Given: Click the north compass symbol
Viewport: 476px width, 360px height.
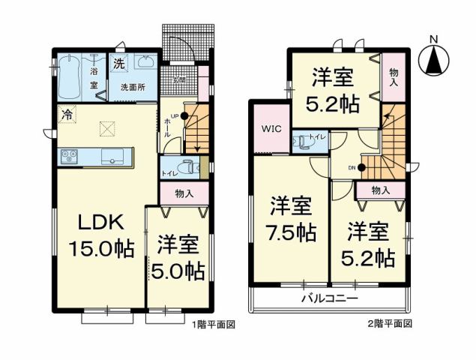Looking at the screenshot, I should point(433,58).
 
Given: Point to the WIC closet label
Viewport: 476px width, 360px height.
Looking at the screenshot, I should point(271,127).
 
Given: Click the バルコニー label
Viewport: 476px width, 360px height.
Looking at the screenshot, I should point(330,298).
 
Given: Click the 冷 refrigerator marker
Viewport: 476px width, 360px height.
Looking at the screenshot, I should point(67,115).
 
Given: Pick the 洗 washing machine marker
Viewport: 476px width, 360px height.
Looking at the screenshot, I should point(118,64).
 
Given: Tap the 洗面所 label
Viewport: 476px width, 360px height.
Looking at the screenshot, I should point(133,87).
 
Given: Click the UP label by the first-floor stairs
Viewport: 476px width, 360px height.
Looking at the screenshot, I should point(175,115).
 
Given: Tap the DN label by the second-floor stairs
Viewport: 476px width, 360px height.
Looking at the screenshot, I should point(352,167).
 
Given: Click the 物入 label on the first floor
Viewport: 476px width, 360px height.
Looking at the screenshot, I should point(184,193).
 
